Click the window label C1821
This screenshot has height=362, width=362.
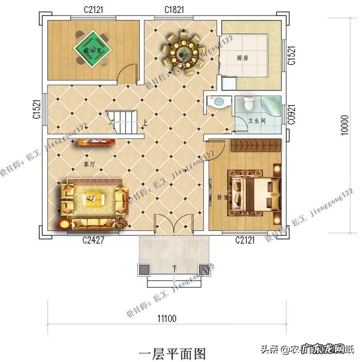(x=174, y=10)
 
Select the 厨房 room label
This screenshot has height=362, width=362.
(x=243, y=58)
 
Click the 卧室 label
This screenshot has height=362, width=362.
(x=222, y=198)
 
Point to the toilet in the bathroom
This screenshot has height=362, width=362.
(x=248, y=104)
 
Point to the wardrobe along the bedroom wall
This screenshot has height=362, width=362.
(x=256, y=146)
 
